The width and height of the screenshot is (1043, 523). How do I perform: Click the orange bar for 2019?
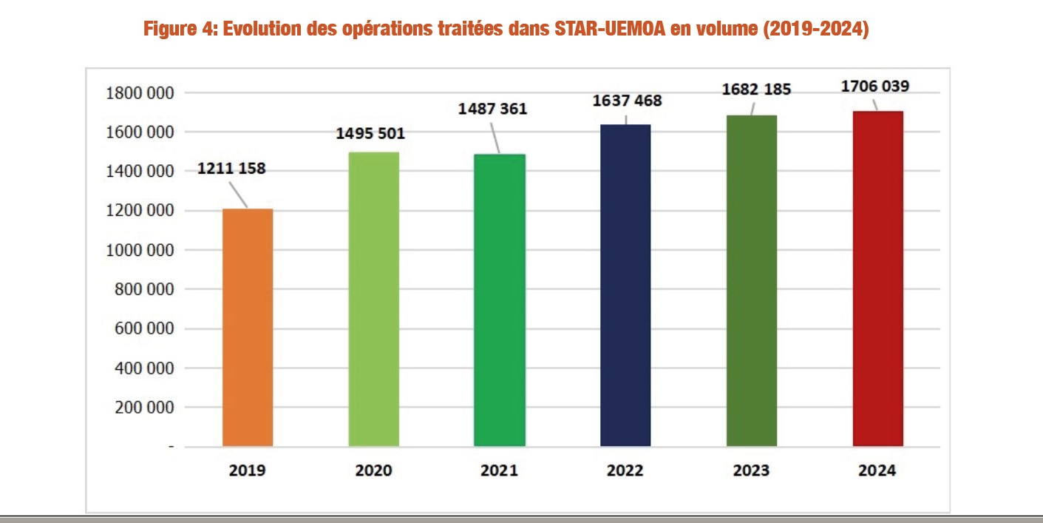(x=248, y=328)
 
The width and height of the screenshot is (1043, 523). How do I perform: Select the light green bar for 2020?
(x=373, y=300)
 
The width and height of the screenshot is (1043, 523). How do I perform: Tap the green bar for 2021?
(x=500, y=300)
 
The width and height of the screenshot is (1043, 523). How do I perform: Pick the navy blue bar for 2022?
(x=625, y=286)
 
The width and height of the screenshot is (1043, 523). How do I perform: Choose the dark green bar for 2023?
(x=752, y=281)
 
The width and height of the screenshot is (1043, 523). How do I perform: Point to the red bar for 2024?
(x=877, y=279)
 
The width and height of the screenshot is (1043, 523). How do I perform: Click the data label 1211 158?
(x=231, y=169)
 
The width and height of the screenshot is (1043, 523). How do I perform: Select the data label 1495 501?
(x=371, y=134)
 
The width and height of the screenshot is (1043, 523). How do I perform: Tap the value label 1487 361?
(x=493, y=109)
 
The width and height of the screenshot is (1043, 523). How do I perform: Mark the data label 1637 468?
(x=628, y=100)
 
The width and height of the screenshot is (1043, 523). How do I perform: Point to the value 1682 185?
(x=757, y=89)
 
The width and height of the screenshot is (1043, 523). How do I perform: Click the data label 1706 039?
(x=875, y=86)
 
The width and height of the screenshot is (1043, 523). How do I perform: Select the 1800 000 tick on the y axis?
(x=140, y=93)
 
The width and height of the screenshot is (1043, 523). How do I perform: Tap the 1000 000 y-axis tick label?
(x=140, y=250)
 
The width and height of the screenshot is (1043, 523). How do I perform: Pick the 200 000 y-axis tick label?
(x=145, y=408)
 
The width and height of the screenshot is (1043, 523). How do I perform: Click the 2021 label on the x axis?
(x=499, y=470)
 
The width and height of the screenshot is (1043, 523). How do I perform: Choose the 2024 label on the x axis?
(x=877, y=470)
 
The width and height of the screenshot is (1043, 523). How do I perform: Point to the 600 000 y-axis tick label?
(x=145, y=329)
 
